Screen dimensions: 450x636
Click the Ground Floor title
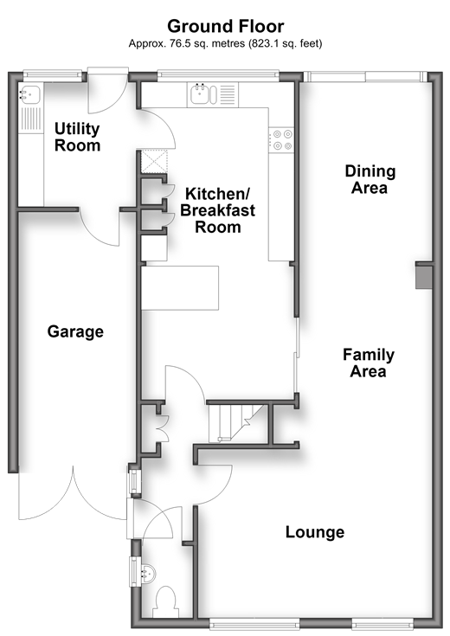(x=225, y=26)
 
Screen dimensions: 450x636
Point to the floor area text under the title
(x=225, y=43)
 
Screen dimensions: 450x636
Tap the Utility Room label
(x=77, y=137)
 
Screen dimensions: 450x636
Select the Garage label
(x=75, y=331)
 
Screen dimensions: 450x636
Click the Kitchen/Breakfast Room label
(x=218, y=210)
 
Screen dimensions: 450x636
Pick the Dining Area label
(x=370, y=179)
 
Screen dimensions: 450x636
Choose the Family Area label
(x=369, y=363)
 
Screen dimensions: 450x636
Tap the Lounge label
(x=315, y=532)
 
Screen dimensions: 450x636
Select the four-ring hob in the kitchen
(x=280, y=140)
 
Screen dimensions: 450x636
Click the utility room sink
(x=29, y=95)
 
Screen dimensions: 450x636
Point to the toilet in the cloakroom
(x=165, y=602)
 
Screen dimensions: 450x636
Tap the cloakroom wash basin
(x=148, y=574)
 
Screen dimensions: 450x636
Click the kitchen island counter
(x=180, y=288)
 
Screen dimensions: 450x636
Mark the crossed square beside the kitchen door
(x=154, y=162)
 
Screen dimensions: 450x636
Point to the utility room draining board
(x=30, y=119)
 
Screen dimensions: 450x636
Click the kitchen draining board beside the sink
(x=228, y=95)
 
